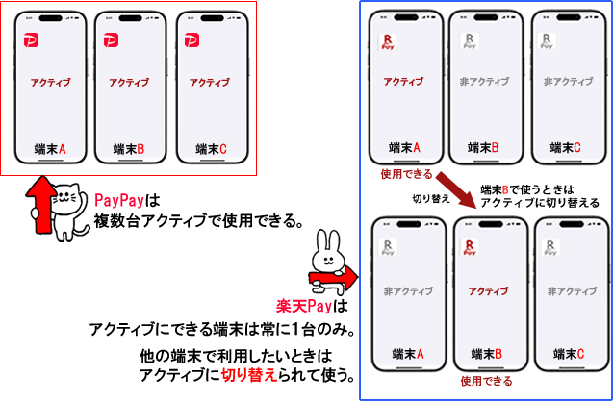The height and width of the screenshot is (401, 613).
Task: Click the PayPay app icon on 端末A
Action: click(x=31, y=40)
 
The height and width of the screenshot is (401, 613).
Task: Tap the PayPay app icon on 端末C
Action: click(x=192, y=40)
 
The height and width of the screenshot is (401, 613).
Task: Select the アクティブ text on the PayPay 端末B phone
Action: click(x=129, y=83)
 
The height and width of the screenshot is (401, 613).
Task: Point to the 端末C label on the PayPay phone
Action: click(x=211, y=149)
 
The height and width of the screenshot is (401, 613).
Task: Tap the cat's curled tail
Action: click(x=83, y=228)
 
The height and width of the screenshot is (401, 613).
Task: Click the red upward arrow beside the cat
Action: click(x=40, y=205)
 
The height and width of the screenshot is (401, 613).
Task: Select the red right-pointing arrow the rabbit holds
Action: click(x=334, y=278)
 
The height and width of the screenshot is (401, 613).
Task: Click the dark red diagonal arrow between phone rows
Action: click(x=456, y=188)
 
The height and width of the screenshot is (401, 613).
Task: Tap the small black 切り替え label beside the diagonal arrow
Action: click(x=431, y=199)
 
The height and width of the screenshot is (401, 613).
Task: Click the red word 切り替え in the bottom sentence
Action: click(x=249, y=376)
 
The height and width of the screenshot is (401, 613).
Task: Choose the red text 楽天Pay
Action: click(x=304, y=306)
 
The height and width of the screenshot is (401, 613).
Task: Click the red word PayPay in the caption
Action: click(x=119, y=201)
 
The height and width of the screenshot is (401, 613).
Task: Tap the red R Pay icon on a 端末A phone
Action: click(x=388, y=41)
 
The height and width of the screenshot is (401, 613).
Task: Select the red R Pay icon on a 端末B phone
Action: click(x=470, y=247)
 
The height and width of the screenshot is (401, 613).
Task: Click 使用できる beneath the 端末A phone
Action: click(x=407, y=174)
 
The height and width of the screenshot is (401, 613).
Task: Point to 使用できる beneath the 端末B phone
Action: click(x=486, y=380)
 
